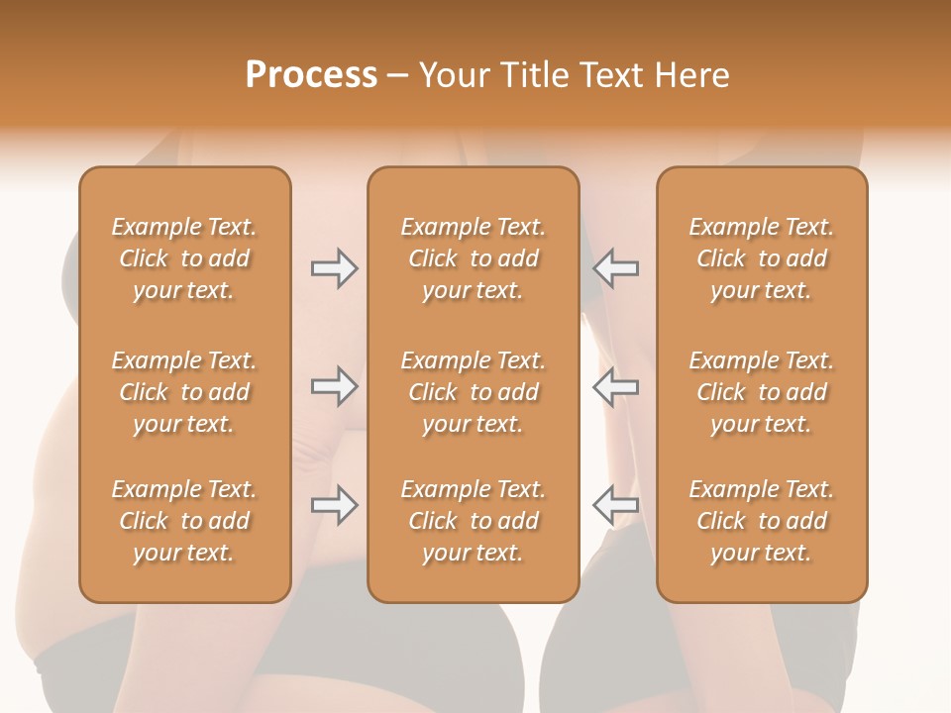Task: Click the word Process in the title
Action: [x=311, y=75]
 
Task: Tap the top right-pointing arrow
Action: [x=334, y=268]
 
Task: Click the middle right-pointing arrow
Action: [x=334, y=386]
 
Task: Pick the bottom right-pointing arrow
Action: [x=334, y=505]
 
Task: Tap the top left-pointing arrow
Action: [x=616, y=268]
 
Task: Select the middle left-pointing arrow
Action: [x=616, y=386]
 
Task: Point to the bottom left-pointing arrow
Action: [x=616, y=505]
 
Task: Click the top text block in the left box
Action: [x=184, y=258]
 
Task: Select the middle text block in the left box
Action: [x=184, y=392]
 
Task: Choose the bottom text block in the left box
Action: [x=184, y=521]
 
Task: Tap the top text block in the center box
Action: [x=474, y=258]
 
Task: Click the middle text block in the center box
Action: [x=474, y=392]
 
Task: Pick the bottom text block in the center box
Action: [x=474, y=521]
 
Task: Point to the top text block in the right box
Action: [x=762, y=258]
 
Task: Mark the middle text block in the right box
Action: [x=762, y=392]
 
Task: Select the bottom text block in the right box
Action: [x=762, y=521]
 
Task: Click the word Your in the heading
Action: [x=451, y=75]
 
